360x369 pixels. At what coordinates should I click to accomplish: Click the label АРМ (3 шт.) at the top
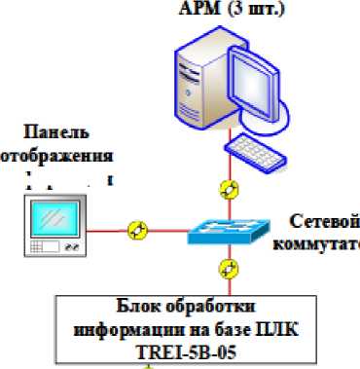coord(225,9)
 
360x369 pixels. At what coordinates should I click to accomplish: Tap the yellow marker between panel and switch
coord(138,230)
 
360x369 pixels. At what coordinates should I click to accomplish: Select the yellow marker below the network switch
coord(229,267)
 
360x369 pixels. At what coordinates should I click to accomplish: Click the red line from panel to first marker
coord(106,230)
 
